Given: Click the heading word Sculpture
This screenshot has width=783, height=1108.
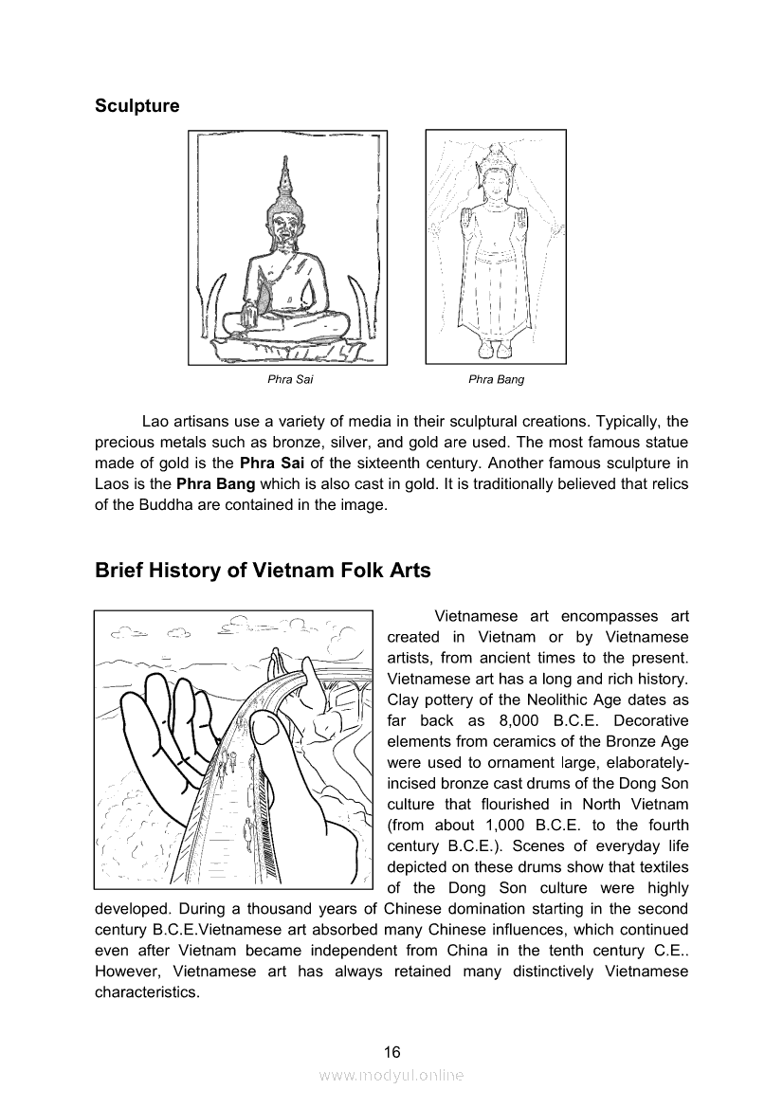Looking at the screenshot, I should tap(137, 106).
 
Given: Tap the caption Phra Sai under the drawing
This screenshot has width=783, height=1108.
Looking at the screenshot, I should tap(290, 380).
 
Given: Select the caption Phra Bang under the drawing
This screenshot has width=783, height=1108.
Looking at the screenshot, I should tap(496, 380).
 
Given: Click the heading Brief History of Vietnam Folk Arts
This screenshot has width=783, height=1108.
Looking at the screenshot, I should tap(263, 571).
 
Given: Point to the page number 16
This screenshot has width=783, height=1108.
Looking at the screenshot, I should tap(391, 1051).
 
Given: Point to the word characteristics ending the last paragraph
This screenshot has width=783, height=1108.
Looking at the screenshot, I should tap(147, 992).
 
